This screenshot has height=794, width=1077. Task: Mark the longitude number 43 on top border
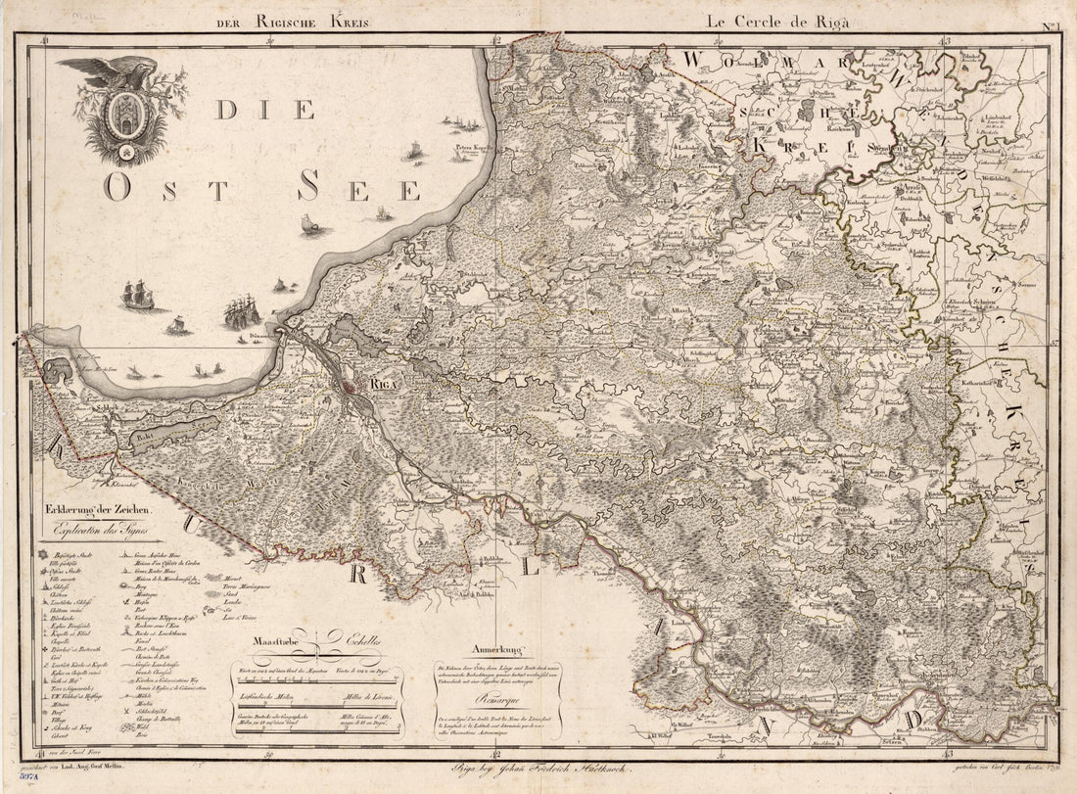pos(945,40)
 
